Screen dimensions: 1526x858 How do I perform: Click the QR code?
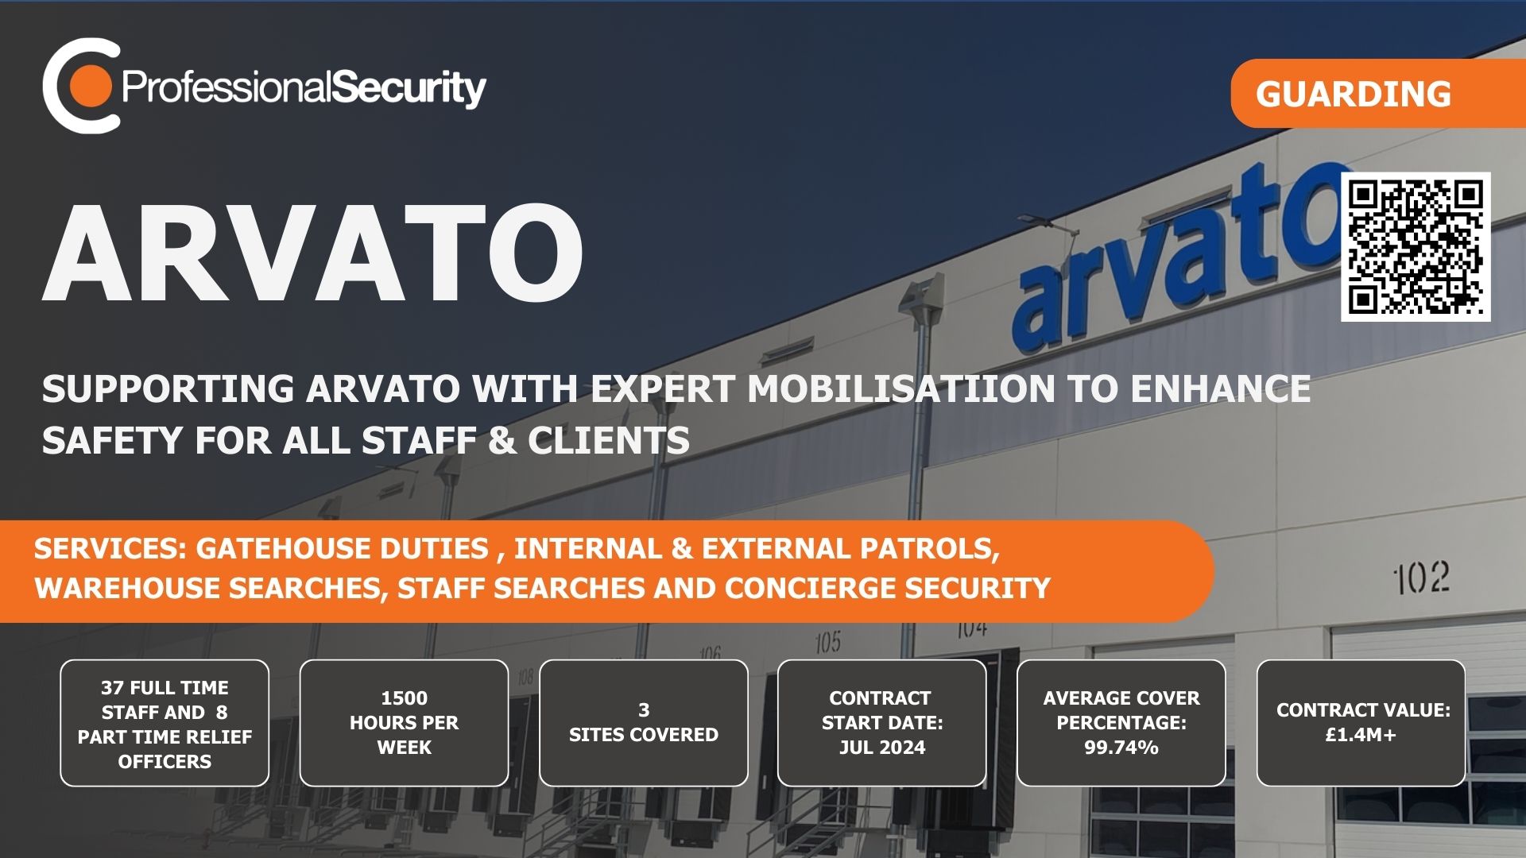(1416, 247)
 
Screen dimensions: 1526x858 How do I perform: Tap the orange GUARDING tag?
(1378, 93)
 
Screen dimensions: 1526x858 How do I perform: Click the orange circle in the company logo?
(90, 86)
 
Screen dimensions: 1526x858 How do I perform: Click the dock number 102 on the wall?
(1422, 578)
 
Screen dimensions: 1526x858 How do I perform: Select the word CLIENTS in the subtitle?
(609, 440)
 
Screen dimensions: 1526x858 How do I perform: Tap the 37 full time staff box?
(165, 723)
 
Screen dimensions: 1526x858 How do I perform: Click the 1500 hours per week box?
(404, 723)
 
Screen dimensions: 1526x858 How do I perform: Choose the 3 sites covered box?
(644, 723)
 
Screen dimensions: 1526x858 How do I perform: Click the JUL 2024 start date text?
(882, 748)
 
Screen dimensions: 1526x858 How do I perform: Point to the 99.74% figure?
(1121, 748)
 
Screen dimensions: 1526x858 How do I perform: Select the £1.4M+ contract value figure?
(1361, 735)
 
